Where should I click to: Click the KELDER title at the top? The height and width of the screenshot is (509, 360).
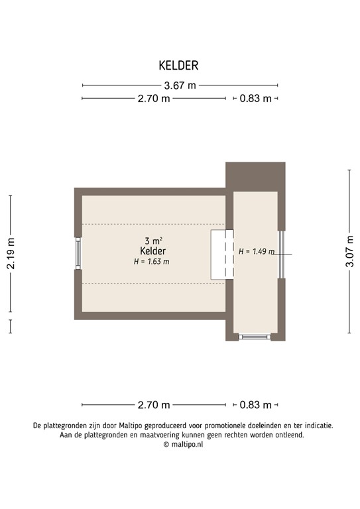[178, 65]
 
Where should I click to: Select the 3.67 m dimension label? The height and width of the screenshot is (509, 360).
[180, 85]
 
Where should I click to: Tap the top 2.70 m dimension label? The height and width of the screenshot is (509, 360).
[154, 99]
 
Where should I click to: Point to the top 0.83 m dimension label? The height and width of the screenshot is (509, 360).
[255, 99]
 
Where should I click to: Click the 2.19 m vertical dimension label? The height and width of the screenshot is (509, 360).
[11, 254]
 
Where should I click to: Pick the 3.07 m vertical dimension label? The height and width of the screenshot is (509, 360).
[349, 251]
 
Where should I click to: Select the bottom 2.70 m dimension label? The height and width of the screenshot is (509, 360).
[154, 405]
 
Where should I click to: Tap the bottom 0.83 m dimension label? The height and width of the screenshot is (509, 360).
[255, 405]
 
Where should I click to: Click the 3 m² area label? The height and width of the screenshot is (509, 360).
[153, 241]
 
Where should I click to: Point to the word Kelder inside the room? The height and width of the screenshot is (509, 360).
[153, 251]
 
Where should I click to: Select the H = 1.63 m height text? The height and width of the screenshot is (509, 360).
[152, 262]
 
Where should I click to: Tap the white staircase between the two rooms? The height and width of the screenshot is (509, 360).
[222, 254]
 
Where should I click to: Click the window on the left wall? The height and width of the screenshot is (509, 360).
[78, 253]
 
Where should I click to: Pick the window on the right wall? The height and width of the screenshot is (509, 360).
[281, 253]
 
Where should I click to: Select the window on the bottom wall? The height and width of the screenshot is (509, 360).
[255, 337]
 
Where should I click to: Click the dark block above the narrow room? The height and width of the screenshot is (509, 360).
[255, 176]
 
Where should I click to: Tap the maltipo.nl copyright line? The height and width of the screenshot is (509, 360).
[180, 445]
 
